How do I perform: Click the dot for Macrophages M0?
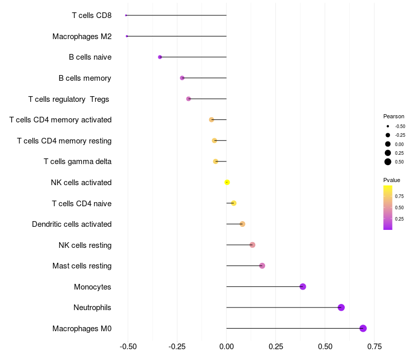(x=363, y=328)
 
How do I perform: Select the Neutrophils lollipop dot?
(x=341, y=308)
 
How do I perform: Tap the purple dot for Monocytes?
(x=303, y=286)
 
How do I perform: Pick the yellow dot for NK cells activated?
(x=227, y=182)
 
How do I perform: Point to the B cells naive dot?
(x=160, y=57)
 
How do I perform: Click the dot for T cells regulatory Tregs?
(x=189, y=99)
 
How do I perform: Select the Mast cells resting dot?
(x=262, y=266)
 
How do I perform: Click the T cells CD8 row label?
(x=91, y=15)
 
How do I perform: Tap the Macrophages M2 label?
(x=82, y=37)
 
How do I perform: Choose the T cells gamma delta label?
(x=78, y=161)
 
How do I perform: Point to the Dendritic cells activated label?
(x=71, y=224)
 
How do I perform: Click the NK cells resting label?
(x=85, y=245)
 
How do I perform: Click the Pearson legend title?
(x=394, y=116)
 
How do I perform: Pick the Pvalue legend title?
(x=391, y=180)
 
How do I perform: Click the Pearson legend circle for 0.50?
(x=388, y=162)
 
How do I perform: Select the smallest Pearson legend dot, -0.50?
(x=388, y=127)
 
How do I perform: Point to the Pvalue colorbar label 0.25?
(x=399, y=219)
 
